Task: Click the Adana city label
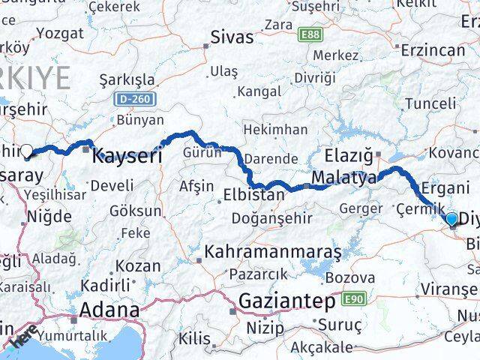point(109,309)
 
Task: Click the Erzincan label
point(433,49)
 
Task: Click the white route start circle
point(28,151)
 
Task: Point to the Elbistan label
point(253,196)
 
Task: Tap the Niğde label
point(49,217)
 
